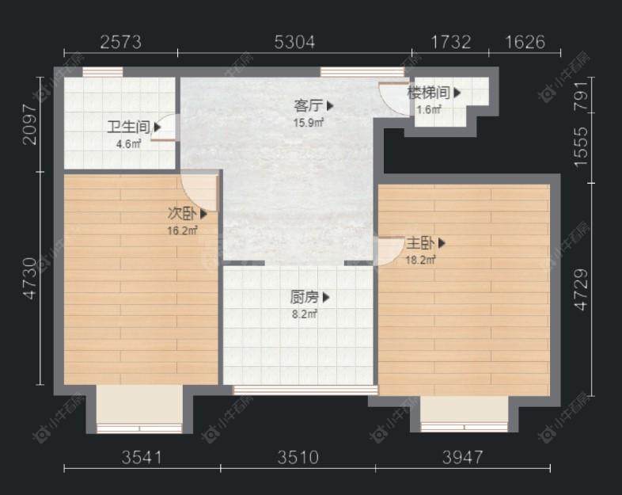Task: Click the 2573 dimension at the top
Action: (120, 42)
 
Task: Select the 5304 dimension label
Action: (294, 42)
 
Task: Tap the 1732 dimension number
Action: (450, 42)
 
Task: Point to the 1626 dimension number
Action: (525, 42)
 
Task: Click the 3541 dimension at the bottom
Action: (142, 458)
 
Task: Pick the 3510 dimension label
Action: (298, 458)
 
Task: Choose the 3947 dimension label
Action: (462, 458)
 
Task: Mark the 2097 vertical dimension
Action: (30, 124)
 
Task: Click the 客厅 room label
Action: (308, 106)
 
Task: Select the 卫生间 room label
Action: (129, 128)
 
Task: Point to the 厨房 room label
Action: (304, 297)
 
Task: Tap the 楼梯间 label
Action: (429, 93)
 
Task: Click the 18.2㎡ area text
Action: (420, 260)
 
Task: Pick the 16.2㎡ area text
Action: (183, 230)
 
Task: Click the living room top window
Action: (362, 72)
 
